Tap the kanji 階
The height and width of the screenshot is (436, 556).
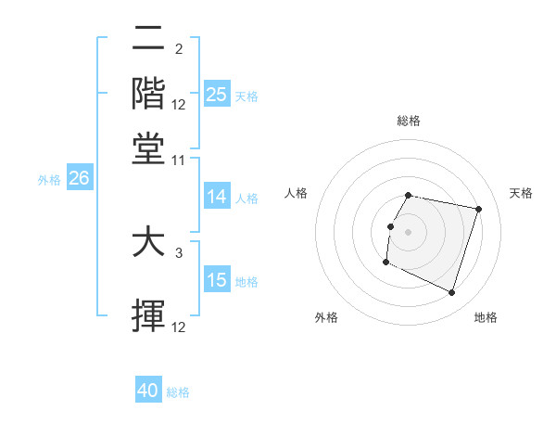(x=148, y=93)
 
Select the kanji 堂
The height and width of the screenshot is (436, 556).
(x=148, y=148)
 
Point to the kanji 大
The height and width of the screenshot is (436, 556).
(x=148, y=243)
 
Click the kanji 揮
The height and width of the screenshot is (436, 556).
(x=148, y=316)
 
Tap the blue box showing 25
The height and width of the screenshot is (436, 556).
(x=216, y=95)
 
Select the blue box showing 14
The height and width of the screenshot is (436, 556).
(x=216, y=197)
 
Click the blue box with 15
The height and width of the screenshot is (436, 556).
(x=216, y=280)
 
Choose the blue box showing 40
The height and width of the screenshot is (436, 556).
(x=147, y=391)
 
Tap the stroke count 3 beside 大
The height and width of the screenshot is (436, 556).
(x=178, y=251)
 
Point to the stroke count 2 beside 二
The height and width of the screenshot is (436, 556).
(x=178, y=48)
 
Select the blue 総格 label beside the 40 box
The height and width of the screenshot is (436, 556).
(x=178, y=392)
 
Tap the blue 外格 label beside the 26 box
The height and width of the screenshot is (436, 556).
(x=48, y=180)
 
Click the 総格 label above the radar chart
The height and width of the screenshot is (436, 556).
(x=409, y=121)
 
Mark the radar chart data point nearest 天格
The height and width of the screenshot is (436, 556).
(x=478, y=209)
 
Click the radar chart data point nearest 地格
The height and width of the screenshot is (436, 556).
(x=452, y=293)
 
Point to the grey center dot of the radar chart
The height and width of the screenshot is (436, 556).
(x=409, y=231)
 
